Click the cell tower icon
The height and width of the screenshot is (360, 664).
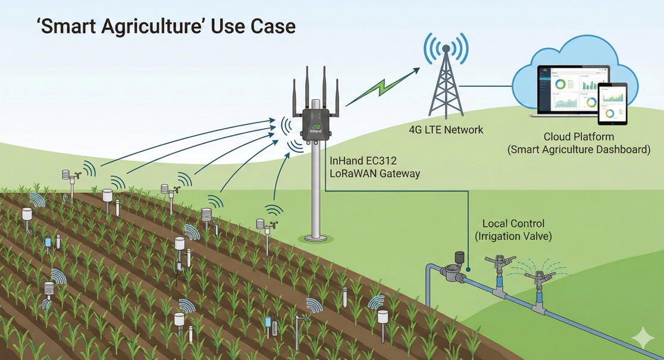[445, 83]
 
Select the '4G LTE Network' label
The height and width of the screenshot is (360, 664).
[446, 130]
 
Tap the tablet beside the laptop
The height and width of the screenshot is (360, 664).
[613, 102]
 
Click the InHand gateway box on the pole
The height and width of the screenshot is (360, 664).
[316, 123]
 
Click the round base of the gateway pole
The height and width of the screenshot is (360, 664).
[317, 239]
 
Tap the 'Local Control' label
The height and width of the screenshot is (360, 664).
[513, 224]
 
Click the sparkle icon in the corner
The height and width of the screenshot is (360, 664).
[643, 337]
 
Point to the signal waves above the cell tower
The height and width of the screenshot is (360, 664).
[445, 46]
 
